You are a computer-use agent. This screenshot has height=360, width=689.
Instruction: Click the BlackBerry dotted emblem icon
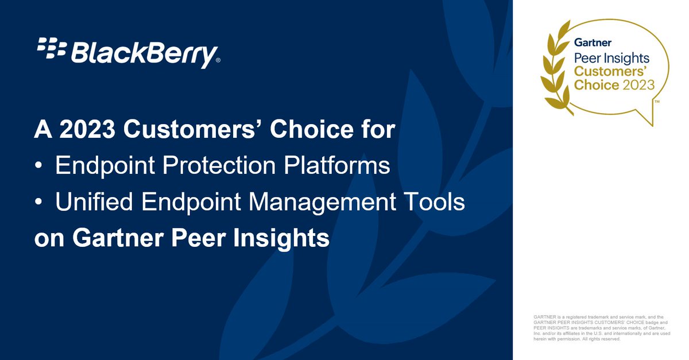[51, 48]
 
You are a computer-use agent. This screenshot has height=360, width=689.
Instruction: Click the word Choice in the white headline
[311, 130]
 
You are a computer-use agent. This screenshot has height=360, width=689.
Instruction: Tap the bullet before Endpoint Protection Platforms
[38, 167]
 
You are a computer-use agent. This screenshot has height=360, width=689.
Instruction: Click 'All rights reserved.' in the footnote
[598, 339]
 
